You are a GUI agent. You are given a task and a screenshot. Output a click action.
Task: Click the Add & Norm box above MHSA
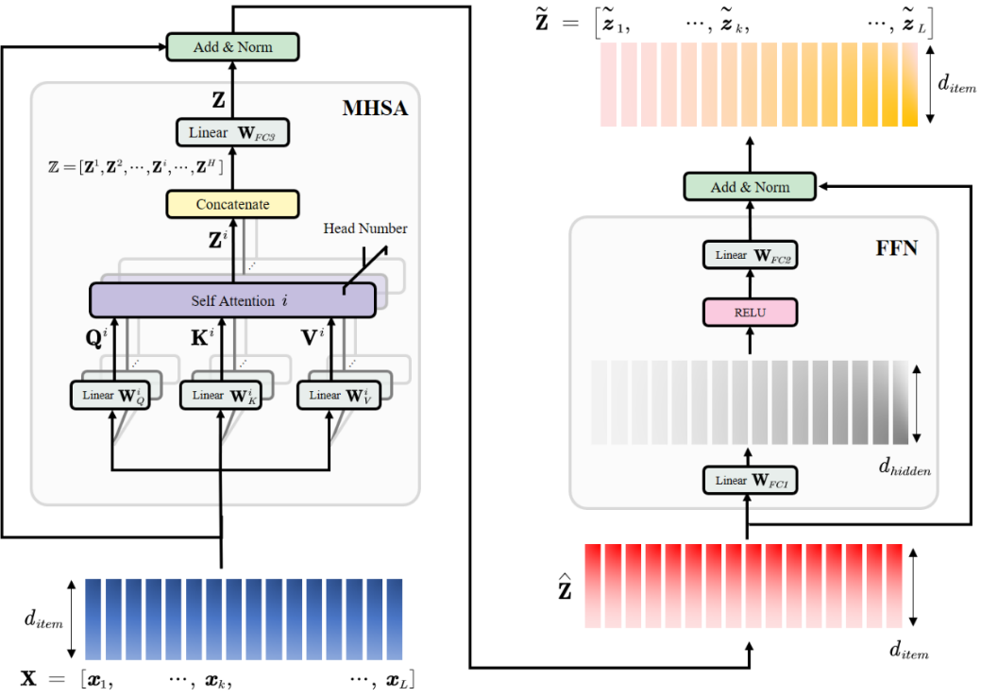[x=232, y=47]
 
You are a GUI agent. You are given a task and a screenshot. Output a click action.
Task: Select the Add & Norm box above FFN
[x=750, y=187]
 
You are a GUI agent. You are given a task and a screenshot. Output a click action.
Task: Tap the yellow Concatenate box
[x=232, y=204]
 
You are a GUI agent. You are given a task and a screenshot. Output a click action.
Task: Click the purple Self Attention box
[x=232, y=299]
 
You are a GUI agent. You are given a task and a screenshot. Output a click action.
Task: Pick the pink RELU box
[x=750, y=312]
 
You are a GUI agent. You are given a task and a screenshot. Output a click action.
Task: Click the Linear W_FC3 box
[x=232, y=133]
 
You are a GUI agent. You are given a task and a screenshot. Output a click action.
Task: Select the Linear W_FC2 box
[x=750, y=255]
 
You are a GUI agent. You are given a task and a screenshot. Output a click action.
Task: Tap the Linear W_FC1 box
[x=750, y=481]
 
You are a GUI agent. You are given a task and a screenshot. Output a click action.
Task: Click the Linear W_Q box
[x=113, y=395]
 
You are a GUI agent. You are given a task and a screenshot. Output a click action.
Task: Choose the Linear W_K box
[x=222, y=395]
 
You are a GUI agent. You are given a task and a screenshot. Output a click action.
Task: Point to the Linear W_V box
[x=330, y=395]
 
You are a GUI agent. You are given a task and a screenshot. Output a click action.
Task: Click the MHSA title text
[x=375, y=110]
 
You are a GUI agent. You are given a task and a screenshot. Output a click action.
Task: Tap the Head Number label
[x=365, y=229]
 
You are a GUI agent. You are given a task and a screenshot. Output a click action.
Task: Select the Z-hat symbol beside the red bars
[x=566, y=591]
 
